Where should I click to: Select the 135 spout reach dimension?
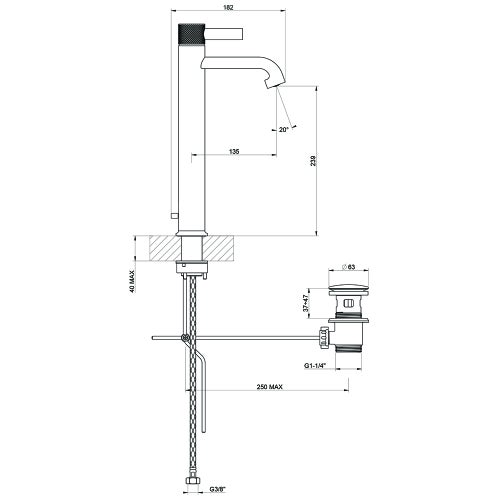coord(233,152)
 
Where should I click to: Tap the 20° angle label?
coord(284,129)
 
